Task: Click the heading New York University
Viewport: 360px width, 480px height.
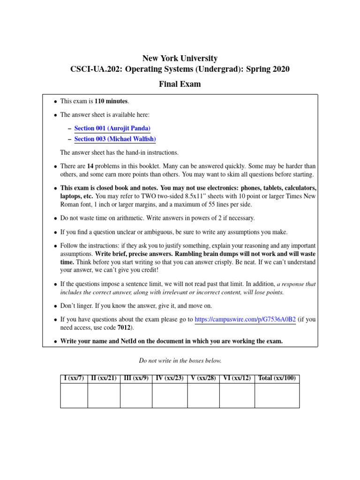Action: tap(180, 59)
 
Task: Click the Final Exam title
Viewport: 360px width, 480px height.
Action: tap(180, 84)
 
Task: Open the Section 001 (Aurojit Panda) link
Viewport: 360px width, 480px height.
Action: tap(112, 128)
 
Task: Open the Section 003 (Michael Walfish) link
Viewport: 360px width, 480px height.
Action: tap(115, 139)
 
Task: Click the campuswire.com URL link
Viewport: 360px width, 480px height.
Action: tap(245, 320)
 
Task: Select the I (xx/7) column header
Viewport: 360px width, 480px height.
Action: tap(74, 378)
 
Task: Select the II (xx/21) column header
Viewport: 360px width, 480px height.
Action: tap(104, 378)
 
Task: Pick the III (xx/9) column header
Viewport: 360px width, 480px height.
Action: tap(136, 378)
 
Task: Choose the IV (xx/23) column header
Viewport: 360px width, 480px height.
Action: tap(170, 378)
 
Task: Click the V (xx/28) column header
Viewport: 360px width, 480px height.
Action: tap(203, 378)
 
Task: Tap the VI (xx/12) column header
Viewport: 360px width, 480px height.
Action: tap(237, 378)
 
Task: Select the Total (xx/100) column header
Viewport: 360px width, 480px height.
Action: tap(277, 378)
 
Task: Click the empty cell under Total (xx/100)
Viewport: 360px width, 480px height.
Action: tap(277, 395)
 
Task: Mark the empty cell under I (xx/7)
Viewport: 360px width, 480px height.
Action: tap(74, 395)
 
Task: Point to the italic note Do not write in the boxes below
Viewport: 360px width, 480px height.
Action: tap(180, 360)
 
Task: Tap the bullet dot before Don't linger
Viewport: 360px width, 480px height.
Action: tap(55, 306)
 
